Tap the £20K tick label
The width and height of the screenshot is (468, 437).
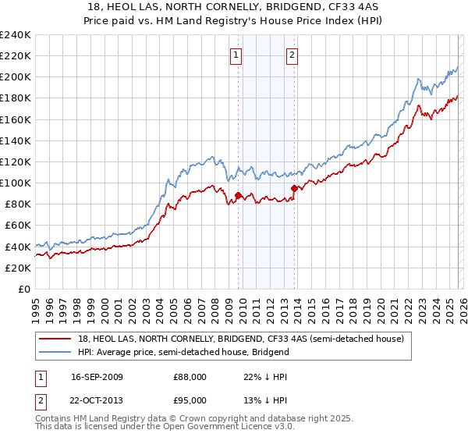pos(17,268)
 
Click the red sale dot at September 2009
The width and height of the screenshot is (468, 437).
pos(238,195)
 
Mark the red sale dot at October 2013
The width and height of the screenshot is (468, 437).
pos(294,188)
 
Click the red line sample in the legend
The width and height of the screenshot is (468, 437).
pos(56,339)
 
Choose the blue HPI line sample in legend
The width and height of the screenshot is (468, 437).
pos(56,352)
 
